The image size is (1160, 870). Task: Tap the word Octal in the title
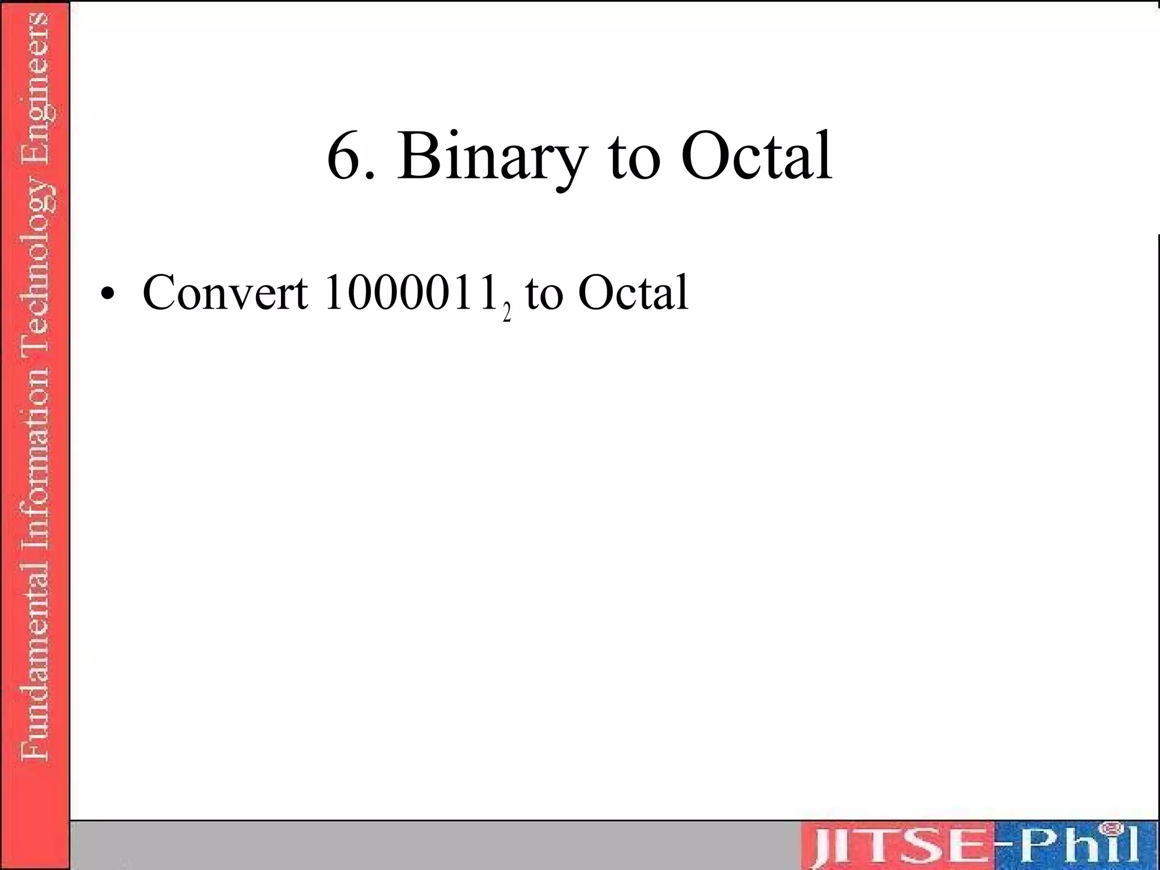pos(756,155)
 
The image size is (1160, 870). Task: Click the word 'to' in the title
pos(634,159)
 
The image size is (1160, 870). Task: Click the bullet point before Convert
pos(106,295)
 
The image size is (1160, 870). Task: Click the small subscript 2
pos(507,313)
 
